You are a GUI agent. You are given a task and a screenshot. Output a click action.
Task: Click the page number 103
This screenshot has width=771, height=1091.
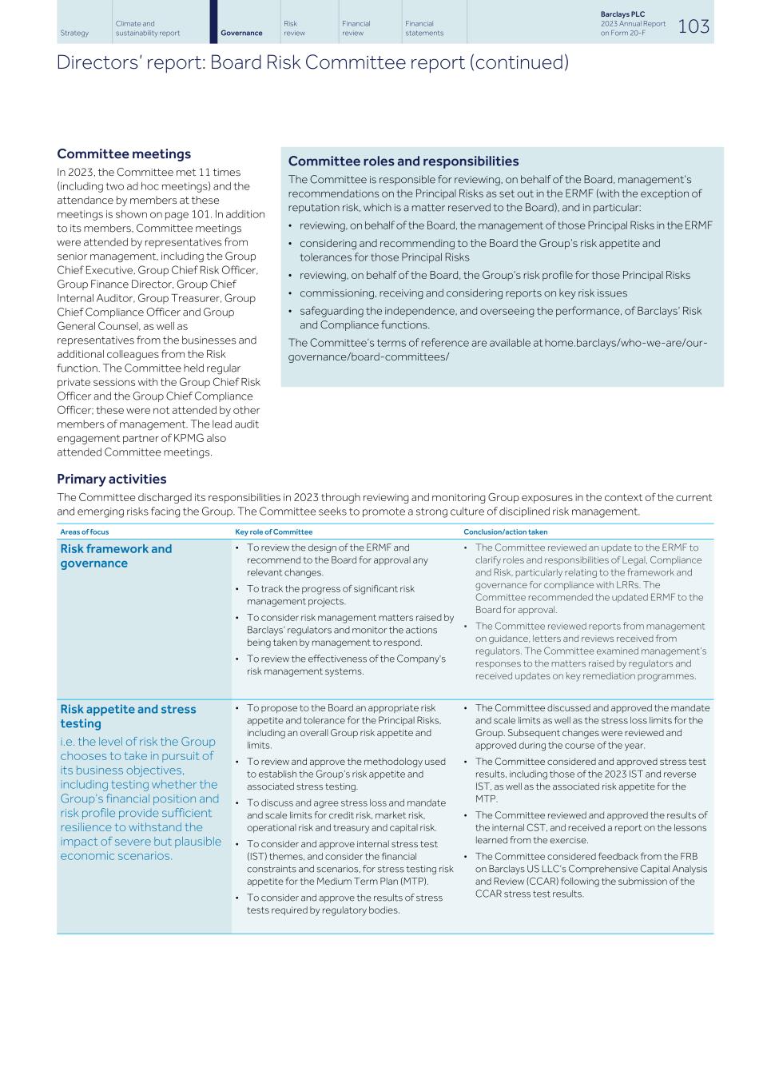pyautogui.click(x=693, y=26)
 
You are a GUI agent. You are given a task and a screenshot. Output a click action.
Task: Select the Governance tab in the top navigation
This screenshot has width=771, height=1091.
pyautogui.click(x=241, y=33)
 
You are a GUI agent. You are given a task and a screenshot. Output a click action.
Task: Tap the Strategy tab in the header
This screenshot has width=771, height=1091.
pyautogui.click(x=74, y=33)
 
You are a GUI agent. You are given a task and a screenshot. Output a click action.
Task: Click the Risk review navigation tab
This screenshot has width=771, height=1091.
pyautogui.click(x=294, y=28)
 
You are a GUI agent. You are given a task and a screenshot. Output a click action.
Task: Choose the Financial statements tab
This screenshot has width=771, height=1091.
pyautogui.click(x=423, y=28)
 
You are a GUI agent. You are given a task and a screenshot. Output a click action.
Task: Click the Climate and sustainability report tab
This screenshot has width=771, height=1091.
pyautogui.click(x=147, y=28)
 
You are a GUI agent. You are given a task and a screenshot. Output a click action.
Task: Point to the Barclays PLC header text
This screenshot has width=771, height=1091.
pyautogui.click(x=622, y=14)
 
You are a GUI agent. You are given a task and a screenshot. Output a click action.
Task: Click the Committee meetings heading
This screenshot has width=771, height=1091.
pyautogui.click(x=124, y=153)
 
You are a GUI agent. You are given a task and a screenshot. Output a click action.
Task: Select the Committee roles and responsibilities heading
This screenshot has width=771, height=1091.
pyautogui.click(x=403, y=161)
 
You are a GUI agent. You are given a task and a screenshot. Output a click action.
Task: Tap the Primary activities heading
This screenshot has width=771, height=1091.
pyautogui.click(x=111, y=479)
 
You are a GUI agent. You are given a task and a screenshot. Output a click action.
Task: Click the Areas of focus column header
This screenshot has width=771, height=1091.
pyautogui.click(x=85, y=532)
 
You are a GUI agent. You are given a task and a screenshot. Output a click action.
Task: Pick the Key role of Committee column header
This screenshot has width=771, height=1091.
pyautogui.click(x=273, y=532)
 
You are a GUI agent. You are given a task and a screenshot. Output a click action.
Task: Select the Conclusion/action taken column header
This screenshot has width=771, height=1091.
pyautogui.click(x=505, y=532)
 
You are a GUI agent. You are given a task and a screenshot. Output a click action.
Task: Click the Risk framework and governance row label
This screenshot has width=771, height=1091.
pyautogui.click(x=116, y=555)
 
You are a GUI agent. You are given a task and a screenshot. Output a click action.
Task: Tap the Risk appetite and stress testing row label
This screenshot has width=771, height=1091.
pyautogui.click(x=128, y=716)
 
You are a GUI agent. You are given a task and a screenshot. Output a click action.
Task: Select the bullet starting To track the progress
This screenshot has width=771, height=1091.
pyautogui.click(x=330, y=595)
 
